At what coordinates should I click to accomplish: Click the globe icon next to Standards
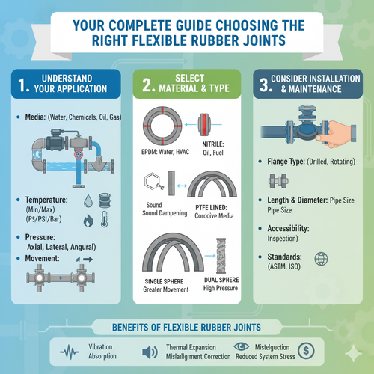click(x=324, y=260)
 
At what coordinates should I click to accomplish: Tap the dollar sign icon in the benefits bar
click(x=304, y=350)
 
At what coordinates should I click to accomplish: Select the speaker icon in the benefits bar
click(x=149, y=351)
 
